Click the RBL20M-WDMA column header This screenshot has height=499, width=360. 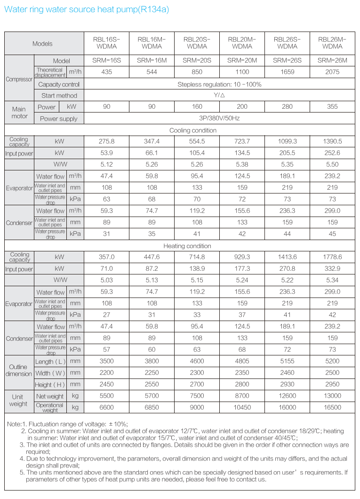(x=242, y=43)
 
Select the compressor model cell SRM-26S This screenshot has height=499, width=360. (x=287, y=60)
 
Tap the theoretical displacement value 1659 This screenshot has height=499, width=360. (x=287, y=72)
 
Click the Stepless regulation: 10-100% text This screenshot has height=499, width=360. (x=219, y=84)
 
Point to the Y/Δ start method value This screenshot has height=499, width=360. (x=219, y=96)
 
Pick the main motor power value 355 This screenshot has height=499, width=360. (x=332, y=107)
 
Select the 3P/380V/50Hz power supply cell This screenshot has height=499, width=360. (x=219, y=119)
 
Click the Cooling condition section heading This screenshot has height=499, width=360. (x=193, y=130)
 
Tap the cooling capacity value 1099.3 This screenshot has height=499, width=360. (x=287, y=141)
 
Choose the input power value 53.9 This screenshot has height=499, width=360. (x=107, y=153)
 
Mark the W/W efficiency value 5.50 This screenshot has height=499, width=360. (x=332, y=165)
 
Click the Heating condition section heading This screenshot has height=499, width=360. (x=187, y=246)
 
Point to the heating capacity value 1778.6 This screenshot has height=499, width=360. (x=332, y=257)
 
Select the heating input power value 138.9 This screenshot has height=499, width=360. (x=197, y=269)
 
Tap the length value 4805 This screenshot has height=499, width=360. (x=242, y=362)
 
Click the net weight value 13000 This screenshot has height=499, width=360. (x=332, y=396)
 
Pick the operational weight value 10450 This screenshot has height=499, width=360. (x=242, y=407)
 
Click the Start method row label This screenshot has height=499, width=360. (x=59, y=96)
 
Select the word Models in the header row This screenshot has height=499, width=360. (x=42, y=44)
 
